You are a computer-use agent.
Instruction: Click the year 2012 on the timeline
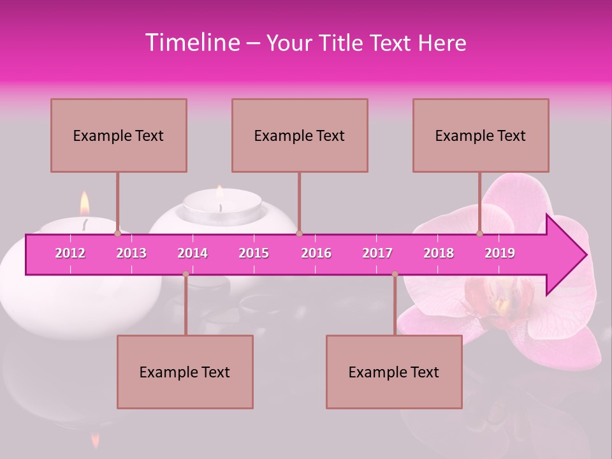point(70,253)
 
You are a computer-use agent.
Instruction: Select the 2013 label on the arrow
point(131,253)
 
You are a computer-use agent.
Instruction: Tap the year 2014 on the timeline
point(193,253)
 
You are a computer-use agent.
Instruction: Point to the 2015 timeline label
point(254,253)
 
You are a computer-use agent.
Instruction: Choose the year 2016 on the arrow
point(316,253)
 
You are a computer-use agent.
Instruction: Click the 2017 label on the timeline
point(377,253)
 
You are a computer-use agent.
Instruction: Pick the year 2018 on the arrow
point(439,253)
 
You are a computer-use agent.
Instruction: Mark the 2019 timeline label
point(500,253)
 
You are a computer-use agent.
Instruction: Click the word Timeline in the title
point(191,43)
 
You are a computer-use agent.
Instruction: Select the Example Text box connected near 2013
point(119,135)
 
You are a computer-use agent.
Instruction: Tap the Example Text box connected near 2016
point(300,135)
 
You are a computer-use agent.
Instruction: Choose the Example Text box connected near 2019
point(481,135)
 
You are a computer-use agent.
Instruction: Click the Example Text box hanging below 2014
point(185,372)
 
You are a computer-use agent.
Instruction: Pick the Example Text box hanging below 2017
point(394,372)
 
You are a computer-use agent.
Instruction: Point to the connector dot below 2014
point(186,274)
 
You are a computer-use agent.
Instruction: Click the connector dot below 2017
point(395,274)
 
